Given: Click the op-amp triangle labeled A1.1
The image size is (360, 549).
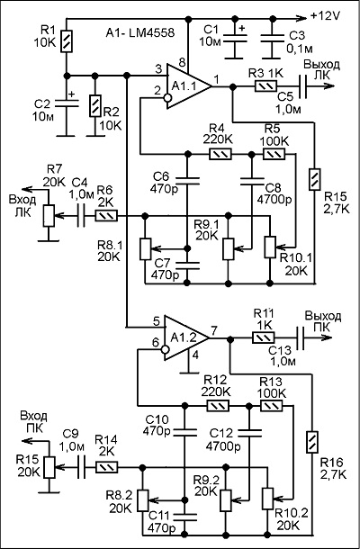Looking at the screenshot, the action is coord(187,86).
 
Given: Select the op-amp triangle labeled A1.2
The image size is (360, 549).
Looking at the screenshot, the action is coord(185,337).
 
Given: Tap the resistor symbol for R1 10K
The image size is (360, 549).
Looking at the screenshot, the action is coord(67,41).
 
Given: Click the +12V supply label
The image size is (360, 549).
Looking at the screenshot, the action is coord(325,16).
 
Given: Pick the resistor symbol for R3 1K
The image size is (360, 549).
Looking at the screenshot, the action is coord(265,86).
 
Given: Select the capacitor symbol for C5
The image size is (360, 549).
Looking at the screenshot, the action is coord(302,86).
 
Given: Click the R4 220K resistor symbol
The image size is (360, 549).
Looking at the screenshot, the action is coord(220,154).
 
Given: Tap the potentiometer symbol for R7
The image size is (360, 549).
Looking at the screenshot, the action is coord(49,216).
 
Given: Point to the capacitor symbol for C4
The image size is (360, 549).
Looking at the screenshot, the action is coord(81,216).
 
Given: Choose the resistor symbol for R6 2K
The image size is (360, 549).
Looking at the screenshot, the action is coord(106,216).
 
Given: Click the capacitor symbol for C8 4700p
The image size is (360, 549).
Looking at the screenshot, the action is coord(252,181).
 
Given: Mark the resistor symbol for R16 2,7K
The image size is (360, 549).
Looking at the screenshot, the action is coord(311,443).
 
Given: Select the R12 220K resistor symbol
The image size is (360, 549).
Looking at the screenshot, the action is coord(219,406).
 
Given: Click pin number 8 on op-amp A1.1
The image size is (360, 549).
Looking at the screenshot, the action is coord(182,63).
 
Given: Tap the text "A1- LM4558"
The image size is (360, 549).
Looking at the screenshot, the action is coord(140,33).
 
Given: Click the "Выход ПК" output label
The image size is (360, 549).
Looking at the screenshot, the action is coord(322,322).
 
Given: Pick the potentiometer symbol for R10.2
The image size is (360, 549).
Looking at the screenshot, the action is coord(268,499).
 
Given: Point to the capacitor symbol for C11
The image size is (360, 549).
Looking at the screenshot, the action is coord(184,518).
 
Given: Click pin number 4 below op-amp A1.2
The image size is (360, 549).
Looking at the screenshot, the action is coord(195,355).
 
